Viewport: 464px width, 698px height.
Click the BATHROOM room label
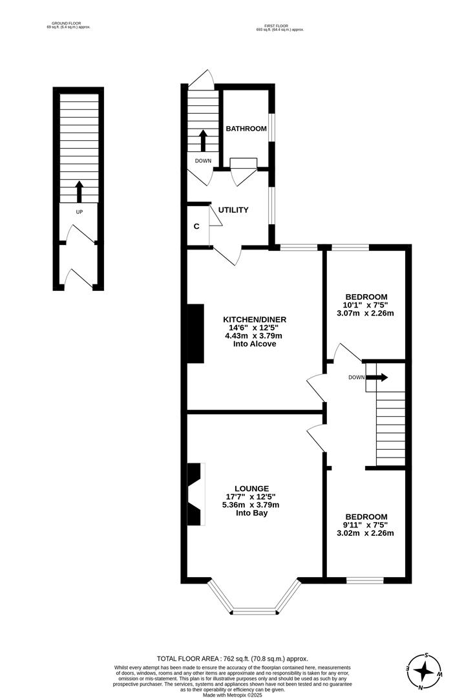click(246, 129)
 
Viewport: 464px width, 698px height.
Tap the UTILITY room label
click(233, 210)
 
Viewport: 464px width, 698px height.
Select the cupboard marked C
click(196, 226)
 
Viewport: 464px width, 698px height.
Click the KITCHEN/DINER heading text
click(254, 319)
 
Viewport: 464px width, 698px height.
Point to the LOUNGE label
click(252, 488)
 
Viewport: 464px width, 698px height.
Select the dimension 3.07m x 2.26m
click(365, 313)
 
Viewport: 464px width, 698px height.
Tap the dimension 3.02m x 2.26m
click(366, 533)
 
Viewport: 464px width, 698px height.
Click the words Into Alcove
click(254, 344)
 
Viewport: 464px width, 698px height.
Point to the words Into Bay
click(252, 513)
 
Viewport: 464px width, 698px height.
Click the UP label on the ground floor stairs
click(79, 212)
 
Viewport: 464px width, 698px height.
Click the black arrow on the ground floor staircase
click(79, 191)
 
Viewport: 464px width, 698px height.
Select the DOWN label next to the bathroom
click(203, 161)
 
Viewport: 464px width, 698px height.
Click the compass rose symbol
click(423, 672)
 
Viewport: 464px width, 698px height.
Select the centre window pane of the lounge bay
click(254, 610)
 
